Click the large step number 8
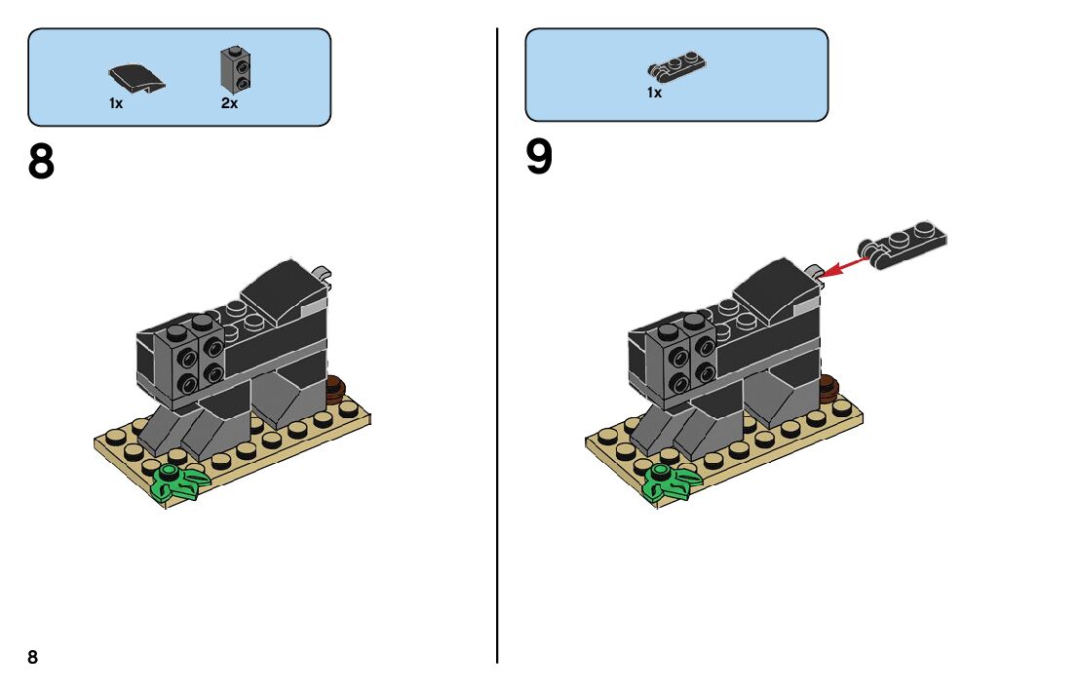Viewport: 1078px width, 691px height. (42, 163)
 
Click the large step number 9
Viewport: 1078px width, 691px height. (539, 158)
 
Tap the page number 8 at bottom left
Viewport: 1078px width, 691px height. (33, 657)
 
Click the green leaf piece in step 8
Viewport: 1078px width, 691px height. (178, 482)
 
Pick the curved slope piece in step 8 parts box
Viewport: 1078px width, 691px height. (135, 77)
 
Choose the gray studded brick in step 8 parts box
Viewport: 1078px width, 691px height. (232, 66)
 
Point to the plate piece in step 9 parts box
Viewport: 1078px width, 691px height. (676, 66)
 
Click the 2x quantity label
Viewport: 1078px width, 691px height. (229, 103)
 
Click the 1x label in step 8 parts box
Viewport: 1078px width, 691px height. (116, 103)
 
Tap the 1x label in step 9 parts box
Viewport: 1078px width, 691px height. (654, 93)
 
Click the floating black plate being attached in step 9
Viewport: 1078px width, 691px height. (902, 244)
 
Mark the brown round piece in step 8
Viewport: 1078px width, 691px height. (336, 390)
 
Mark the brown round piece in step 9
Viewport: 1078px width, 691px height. (828, 390)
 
